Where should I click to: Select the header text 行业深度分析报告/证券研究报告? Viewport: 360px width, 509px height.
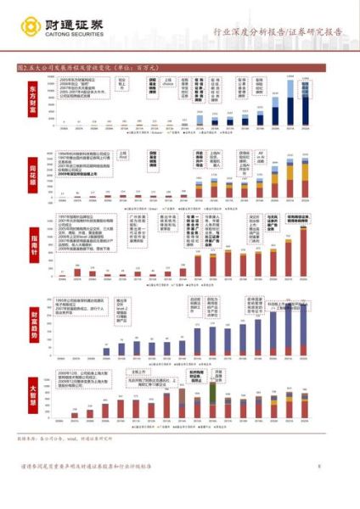tap(278, 33)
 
